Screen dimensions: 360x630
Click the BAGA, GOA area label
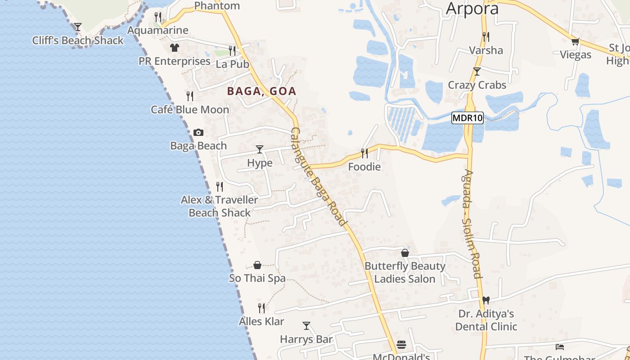click(x=261, y=91)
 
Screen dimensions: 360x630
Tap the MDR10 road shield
click(x=468, y=118)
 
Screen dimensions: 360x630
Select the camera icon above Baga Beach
click(x=198, y=132)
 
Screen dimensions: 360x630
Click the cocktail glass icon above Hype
click(x=260, y=149)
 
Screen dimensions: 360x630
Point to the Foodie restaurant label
click(x=364, y=167)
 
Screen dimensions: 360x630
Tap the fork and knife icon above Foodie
click(x=364, y=153)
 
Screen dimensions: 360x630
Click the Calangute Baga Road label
click(x=318, y=176)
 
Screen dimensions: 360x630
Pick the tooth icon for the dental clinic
click(x=486, y=300)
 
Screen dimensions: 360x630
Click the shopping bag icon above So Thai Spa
click(x=257, y=265)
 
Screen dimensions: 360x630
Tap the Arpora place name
click(x=472, y=9)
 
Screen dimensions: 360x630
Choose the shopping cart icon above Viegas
click(x=575, y=42)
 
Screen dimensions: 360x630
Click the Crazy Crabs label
click(x=477, y=85)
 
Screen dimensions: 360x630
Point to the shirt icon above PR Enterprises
click(x=175, y=48)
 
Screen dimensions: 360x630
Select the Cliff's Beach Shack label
click(x=78, y=40)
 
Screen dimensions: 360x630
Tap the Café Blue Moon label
click(x=190, y=110)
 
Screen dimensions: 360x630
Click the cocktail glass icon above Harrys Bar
click(x=306, y=325)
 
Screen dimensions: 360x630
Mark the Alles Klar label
click(x=261, y=321)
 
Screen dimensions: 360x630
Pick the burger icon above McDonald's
click(x=401, y=345)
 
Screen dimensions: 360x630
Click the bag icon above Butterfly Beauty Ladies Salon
click(x=405, y=253)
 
